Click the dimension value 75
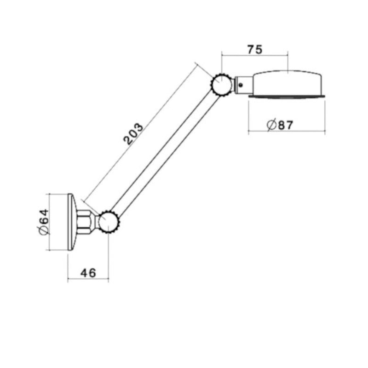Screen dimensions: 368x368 [254, 50]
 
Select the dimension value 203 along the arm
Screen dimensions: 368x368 [133, 134]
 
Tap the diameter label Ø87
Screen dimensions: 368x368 [280, 125]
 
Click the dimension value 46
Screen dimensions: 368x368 [88, 273]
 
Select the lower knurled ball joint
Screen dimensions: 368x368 [109, 223]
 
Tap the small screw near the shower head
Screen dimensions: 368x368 [241, 84]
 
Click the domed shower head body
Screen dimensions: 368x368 [287, 83]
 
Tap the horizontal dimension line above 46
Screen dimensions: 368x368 [88, 279]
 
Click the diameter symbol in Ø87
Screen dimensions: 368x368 [271, 125]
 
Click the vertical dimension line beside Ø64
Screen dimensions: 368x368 [50, 222]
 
